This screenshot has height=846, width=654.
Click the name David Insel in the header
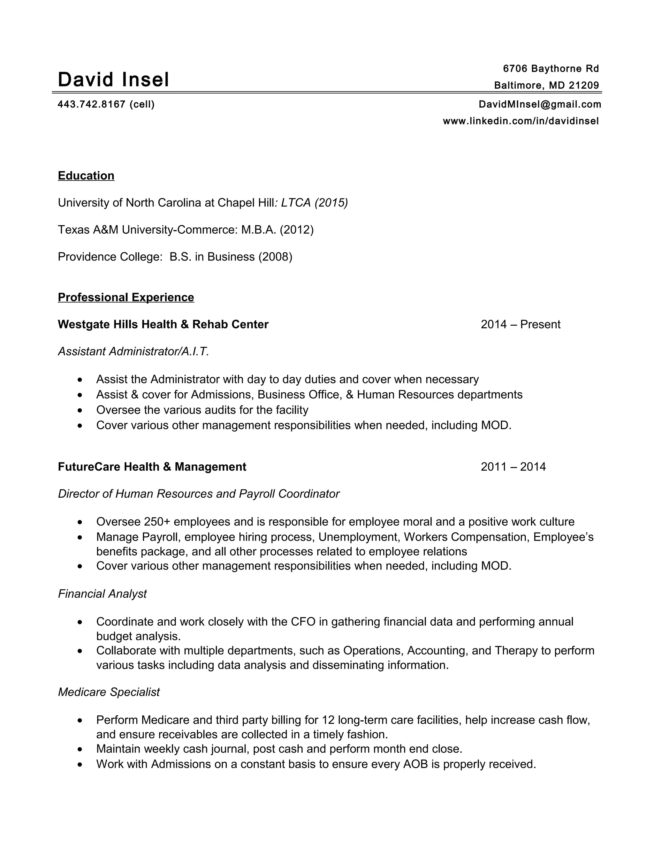click(x=113, y=79)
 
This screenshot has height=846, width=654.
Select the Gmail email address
click(x=540, y=104)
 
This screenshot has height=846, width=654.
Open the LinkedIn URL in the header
click(x=521, y=121)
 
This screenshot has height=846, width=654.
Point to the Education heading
click(x=86, y=176)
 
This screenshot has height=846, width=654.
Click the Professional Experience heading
click(x=126, y=297)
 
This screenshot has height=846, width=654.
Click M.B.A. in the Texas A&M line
click(x=259, y=230)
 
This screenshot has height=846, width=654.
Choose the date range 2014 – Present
click(x=520, y=324)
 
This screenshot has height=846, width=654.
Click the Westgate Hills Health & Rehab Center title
click(x=163, y=324)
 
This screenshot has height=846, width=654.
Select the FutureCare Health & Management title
click(x=152, y=467)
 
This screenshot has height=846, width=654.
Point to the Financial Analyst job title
click(x=102, y=594)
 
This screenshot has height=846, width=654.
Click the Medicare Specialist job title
click(x=109, y=692)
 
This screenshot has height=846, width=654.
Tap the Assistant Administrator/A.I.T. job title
click(x=133, y=351)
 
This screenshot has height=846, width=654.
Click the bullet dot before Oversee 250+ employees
click(x=80, y=522)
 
